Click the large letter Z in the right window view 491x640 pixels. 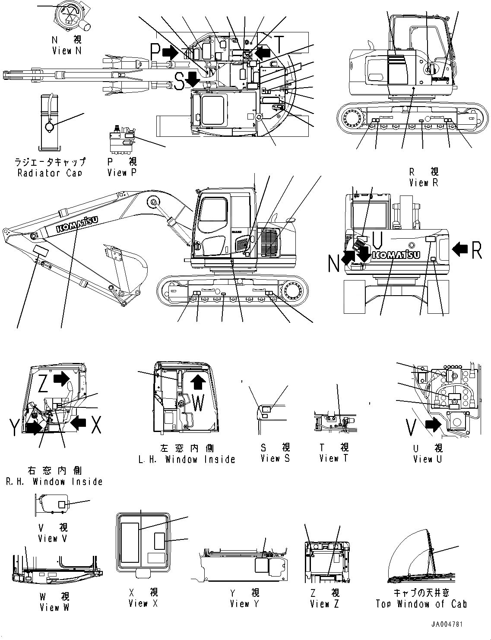pos(43,384)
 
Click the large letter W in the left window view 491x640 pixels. pos(198,404)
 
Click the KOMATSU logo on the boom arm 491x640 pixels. pos(76,225)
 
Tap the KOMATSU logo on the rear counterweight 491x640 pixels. pos(396,255)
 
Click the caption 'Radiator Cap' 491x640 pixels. pos(50,173)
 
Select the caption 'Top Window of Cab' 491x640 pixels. pos(421,604)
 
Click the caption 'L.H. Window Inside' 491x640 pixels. pos(187,459)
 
